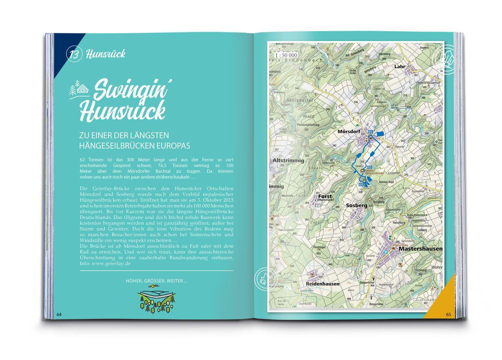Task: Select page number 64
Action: (x=59, y=315)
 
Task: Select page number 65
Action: (x=448, y=315)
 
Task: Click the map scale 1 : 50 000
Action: (x=285, y=55)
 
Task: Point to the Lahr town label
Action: (x=399, y=66)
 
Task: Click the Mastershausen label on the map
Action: (x=421, y=249)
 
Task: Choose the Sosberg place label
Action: (x=356, y=205)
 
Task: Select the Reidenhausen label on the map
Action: (x=323, y=284)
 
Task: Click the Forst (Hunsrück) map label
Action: (x=325, y=198)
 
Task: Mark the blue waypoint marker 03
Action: (x=361, y=185)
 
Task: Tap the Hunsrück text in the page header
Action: (x=106, y=54)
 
